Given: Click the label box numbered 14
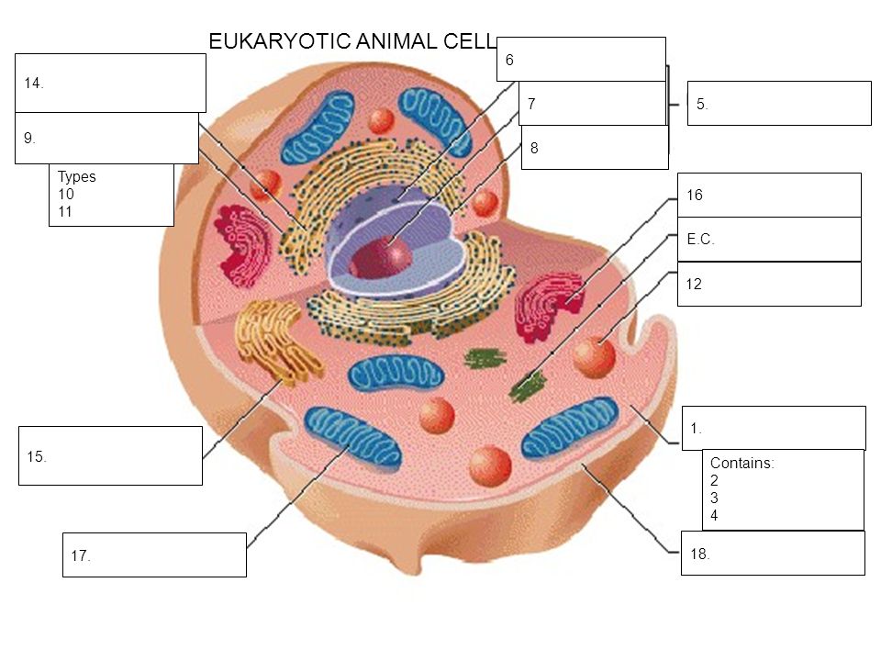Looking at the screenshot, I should (x=110, y=83).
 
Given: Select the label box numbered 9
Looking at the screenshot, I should (x=106, y=139).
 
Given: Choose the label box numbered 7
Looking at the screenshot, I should (x=591, y=103).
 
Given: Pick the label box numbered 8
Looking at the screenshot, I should (x=595, y=147).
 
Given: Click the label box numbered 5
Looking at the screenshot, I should (x=778, y=103).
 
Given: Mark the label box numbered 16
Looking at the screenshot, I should (x=769, y=195).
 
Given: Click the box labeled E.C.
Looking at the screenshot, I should (x=769, y=239).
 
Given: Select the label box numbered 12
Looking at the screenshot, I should (x=769, y=284).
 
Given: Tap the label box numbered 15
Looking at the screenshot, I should (x=110, y=455).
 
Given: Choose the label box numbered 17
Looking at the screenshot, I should (x=154, y=555).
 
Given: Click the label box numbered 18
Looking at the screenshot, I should (x=773, y=553).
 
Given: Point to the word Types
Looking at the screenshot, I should (x=76, y=177).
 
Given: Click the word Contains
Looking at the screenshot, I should (x=742, y=463).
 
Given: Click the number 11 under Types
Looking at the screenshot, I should (x=65, y=210).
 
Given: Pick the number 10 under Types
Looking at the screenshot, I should (x=65, y=194).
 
